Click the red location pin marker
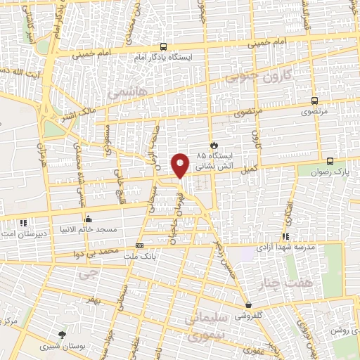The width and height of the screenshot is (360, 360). click(180, 165)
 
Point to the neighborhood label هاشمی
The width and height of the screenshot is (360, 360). click(127, 91)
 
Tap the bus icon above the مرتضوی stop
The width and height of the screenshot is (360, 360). click(314, 100)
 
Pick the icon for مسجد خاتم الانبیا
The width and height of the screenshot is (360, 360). click(88, 219)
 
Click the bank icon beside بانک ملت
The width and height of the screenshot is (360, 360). click(139, 245)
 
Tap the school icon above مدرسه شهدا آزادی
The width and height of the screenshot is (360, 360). click(285, 236)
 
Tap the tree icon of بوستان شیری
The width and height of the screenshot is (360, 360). click(63, 335)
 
